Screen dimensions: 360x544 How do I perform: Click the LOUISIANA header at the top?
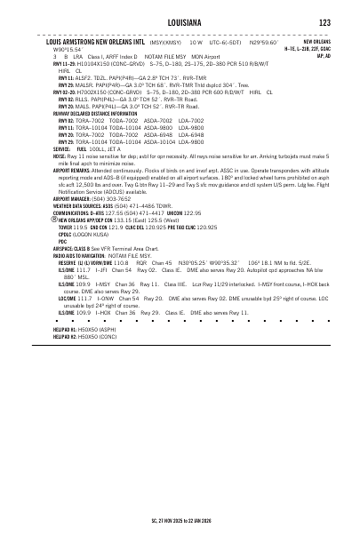[180, 21]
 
